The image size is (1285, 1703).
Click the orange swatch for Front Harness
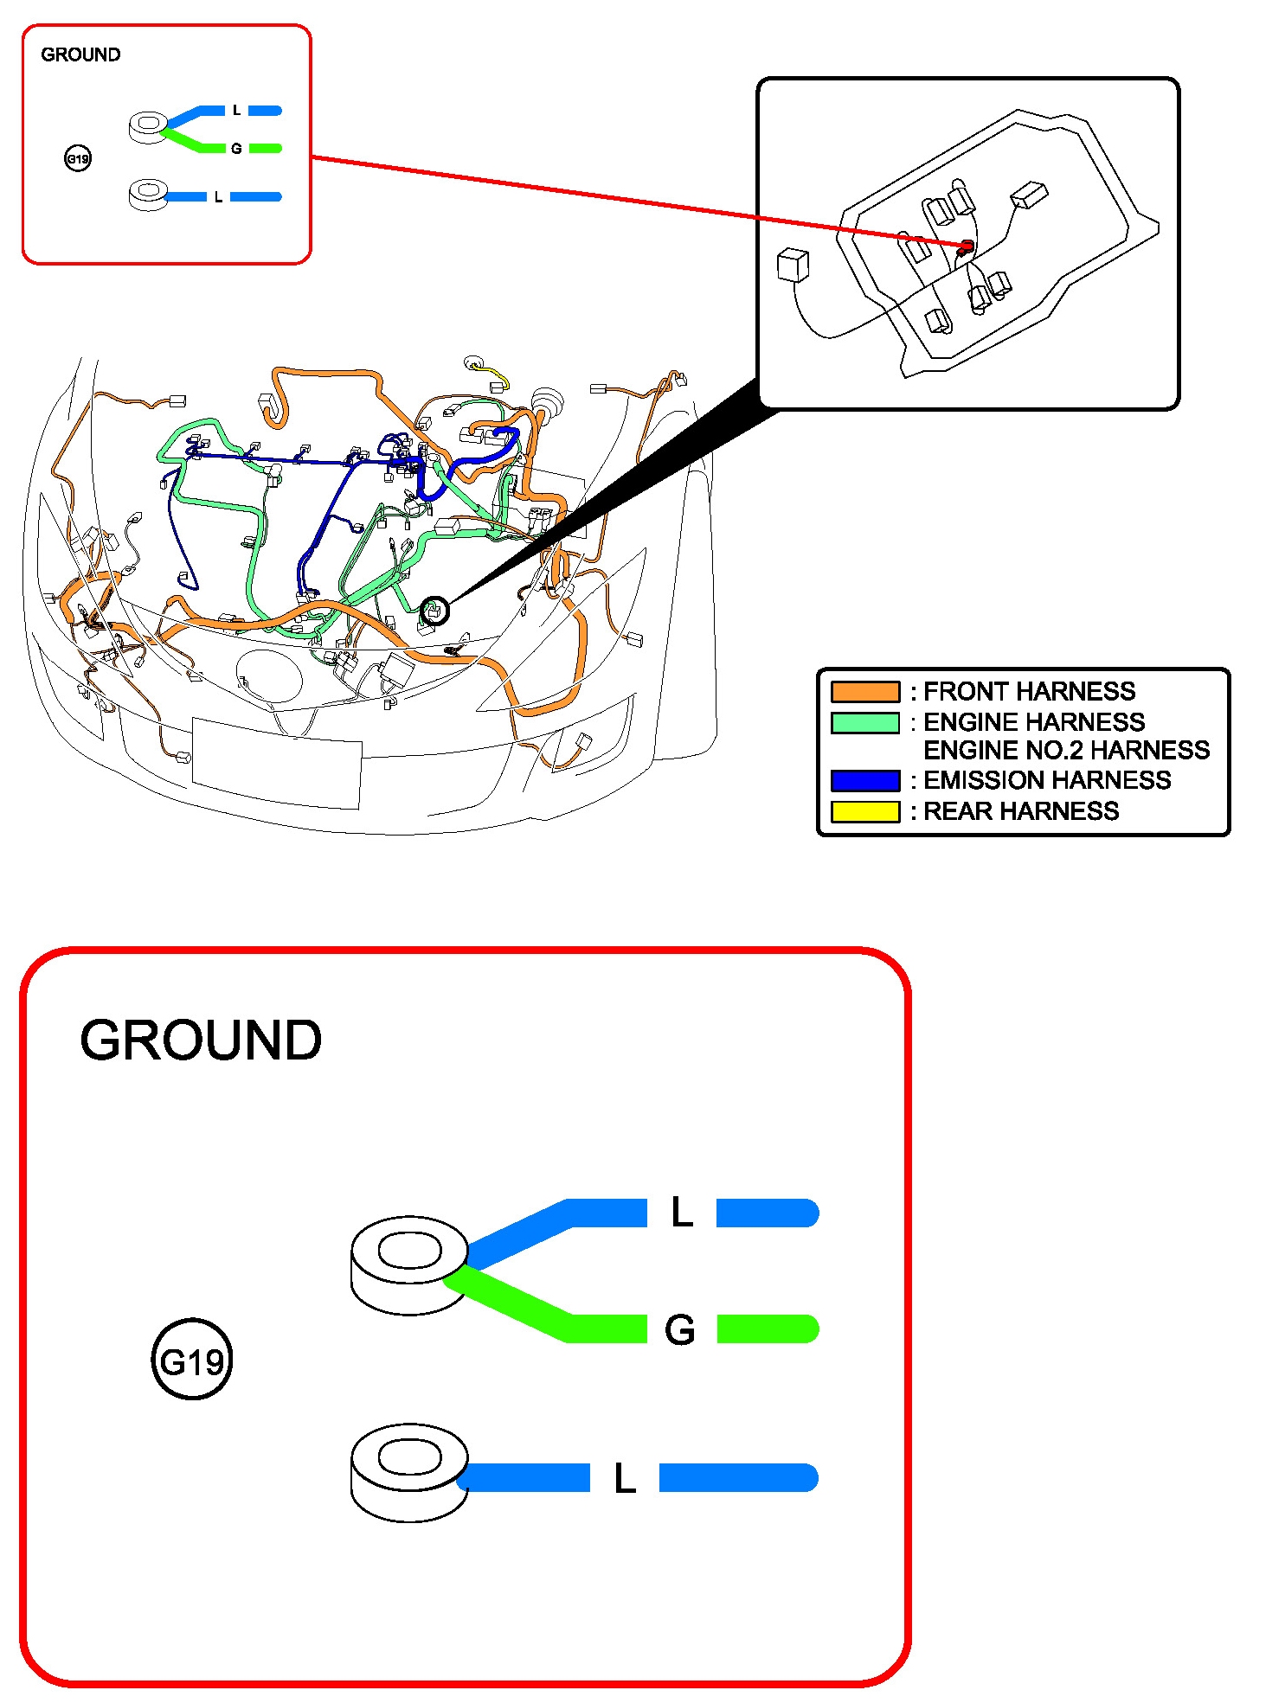[864, 692]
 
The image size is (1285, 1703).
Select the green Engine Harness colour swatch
[864, 722]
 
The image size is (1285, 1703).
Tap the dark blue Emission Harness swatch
[864, 780]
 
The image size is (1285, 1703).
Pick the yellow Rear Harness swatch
[864, 811]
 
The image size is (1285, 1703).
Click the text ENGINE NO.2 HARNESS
[1066, 750]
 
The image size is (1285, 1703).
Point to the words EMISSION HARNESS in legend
[1047, 780]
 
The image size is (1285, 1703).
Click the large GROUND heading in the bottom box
[201, 1040]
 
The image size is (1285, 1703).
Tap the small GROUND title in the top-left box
[80, 54]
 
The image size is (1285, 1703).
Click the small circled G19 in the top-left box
[78, 158]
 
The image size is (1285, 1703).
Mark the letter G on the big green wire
[680, 1330]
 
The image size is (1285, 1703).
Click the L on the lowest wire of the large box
[625, 1479]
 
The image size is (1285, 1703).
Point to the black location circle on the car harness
[434, 611]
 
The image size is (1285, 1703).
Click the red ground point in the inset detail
[967, 247]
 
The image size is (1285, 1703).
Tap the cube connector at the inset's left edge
[793, 265]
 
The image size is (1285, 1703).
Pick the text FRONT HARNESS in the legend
[1029, 692]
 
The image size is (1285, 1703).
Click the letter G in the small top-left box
[236, 149]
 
